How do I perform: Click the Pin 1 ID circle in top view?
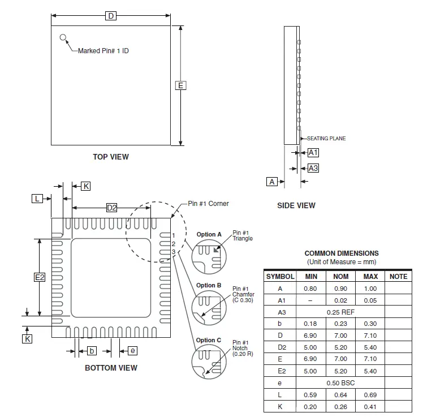pyautogui.click(x=63, y=38)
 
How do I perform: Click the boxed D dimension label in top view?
pyautogui.click(x=111, y=16)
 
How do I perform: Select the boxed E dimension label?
pyautogui.click(x=180, y=85)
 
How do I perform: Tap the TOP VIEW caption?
pyautogui.click(x=111, y=157)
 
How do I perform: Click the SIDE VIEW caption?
pyautogui.click(x=296, y=205)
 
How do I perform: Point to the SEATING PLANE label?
pyautogui.click(x=326, y=138)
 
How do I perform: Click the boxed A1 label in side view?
pyautogui.click(x=313, y=152)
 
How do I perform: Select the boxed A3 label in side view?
pyautogui.click(x=313, y=168)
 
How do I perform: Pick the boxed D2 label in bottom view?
pyautogui.click(x=112, y=208)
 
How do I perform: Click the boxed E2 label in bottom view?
pyautogui.click(x=40, y=277)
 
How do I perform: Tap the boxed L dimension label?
pyautogui.click(x=37, y=198)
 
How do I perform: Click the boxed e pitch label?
pyautogui.click(x=132, y=351)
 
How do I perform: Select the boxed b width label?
pyautogui.click(x=92, y=351)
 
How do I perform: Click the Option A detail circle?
pyautogui.click(x=208, y=256)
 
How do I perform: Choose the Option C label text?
pyautogui.click(x=209, y=341)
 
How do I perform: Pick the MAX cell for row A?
pyautogui.click(x=370, y=289)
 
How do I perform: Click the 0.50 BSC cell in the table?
pyautogui.click(x=340, y=383)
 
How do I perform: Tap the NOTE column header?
pyautogui.click(x=398, y=277)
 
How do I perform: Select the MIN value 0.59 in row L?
pyautogui.click(x=311, y=395)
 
